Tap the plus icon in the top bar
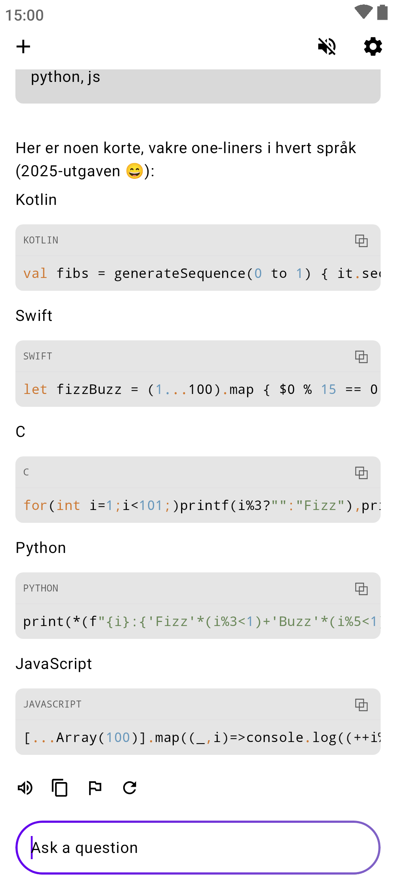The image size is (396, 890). coord(23,47)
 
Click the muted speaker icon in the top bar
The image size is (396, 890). coord(327,47)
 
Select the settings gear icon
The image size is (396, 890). coord(373,47)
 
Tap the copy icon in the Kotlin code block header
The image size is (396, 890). coord(361,240)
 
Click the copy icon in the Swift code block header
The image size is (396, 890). coord(361,357)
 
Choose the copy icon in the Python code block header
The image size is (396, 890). coord(361,589)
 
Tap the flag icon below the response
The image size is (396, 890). coord(95,788)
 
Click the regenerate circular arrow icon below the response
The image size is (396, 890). coord(130,788)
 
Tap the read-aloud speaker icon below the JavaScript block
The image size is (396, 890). coord(25,788)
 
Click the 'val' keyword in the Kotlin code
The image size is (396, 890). coord(35,274)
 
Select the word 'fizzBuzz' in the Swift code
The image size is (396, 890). coord(89,390)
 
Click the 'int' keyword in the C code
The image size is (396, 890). coord(68,506)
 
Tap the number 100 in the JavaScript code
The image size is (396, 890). coord(118,738)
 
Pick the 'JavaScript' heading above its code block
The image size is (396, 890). coord(54,664)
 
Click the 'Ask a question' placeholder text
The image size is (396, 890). coord(84,848)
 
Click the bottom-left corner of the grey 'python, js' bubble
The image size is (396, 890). coord(16,103)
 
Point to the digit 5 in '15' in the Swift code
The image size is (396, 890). coord(332,390)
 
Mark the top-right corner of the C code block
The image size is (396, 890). coord(380,457)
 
